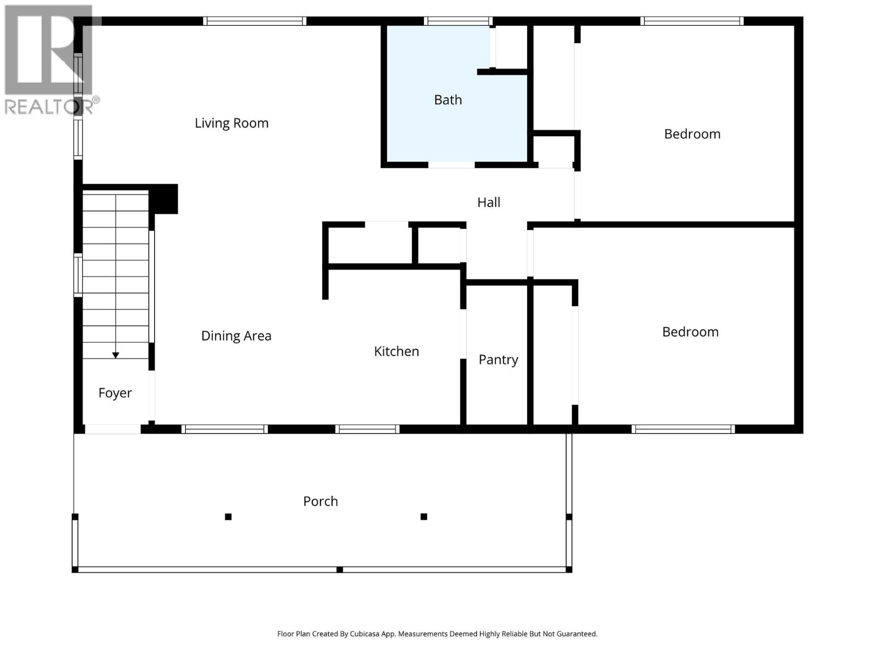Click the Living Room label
[231, 123]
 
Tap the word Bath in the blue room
[448, 100]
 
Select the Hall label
[488, 202]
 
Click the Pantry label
[498, 360]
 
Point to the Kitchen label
[396, 352]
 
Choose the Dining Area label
[236, 336]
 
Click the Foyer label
[115, 393]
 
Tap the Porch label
[320, 501]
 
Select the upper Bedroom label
[692, 134]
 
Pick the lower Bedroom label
[690, 332]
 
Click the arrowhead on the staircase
[115, 355]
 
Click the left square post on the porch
[229, 517]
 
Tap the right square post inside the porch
[424, 517]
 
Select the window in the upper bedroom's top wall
[692, 21]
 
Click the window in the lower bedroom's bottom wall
[683, 429]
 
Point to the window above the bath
[457, 21]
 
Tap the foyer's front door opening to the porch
[113, 429]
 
